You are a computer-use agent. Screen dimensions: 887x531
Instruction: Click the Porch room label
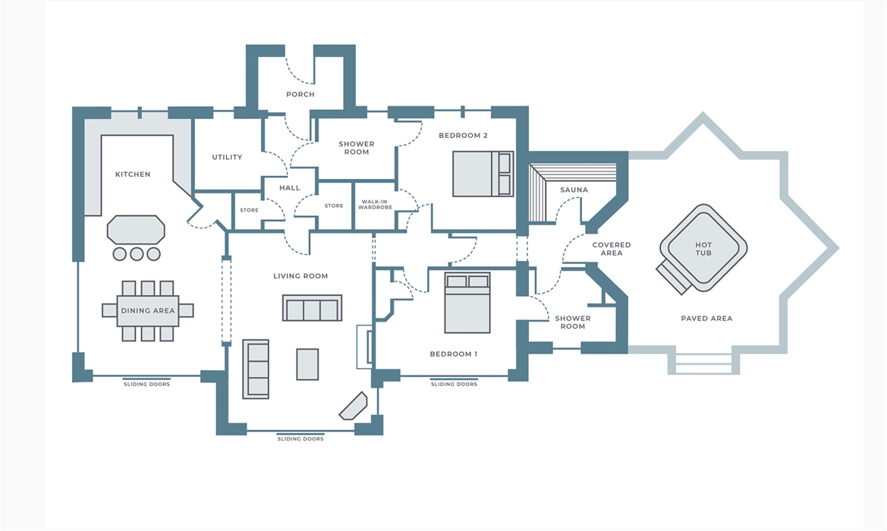pos(300,94)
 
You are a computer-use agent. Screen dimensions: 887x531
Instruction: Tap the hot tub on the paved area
pos(703,250)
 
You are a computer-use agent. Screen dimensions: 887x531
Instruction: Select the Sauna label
pos(574,190)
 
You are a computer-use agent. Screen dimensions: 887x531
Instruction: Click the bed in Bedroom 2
pos(483,174)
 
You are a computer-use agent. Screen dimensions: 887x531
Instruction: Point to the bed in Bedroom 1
pos(467,303)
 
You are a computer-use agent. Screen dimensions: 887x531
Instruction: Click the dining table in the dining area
pos(148,310)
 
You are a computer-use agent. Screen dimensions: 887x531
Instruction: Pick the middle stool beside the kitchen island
pos(137,254)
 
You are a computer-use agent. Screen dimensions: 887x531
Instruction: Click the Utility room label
pos(227,157)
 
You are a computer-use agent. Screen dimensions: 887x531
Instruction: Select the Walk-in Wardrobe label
pos(375,205)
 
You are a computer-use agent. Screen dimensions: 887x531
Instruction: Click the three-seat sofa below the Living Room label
pos(313,308)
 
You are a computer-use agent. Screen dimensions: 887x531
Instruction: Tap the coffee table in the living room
pos(308,364)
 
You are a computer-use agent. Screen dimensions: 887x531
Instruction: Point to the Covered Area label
pos(612,249)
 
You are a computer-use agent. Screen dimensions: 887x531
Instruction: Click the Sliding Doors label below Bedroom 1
pos(455,385)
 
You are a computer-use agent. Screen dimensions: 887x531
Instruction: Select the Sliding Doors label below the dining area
pos(147,385)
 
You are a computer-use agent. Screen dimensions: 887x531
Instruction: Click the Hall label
pos(290,187)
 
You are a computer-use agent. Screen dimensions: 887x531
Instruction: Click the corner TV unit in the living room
pos(353,406)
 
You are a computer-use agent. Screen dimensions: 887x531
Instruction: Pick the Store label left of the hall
pos(249,210)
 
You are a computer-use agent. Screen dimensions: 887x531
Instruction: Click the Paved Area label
pos(706,319)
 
